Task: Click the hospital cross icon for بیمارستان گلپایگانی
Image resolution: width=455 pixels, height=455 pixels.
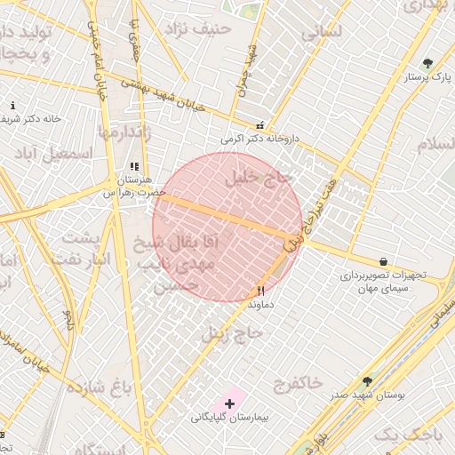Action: coord(229,404)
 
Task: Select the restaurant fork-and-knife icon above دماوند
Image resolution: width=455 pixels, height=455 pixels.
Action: coord(260,291)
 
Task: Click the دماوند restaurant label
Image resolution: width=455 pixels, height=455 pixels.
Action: coord(260,304)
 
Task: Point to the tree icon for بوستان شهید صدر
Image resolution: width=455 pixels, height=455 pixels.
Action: coord(367,381)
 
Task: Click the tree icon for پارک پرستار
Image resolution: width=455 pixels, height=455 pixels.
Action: coord(427,64)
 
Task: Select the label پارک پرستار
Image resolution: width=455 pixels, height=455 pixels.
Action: coord(424,77)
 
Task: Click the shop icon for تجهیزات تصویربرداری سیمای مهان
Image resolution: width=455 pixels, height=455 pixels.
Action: coord(383,262)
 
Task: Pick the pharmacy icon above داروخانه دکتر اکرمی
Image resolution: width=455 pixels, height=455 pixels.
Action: coord(259,126)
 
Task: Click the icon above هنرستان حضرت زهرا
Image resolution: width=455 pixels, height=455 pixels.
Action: coord(134,166)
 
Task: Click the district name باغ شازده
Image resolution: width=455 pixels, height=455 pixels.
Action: coord(122,386)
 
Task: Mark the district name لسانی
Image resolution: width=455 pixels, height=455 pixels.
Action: coord(321,32)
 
